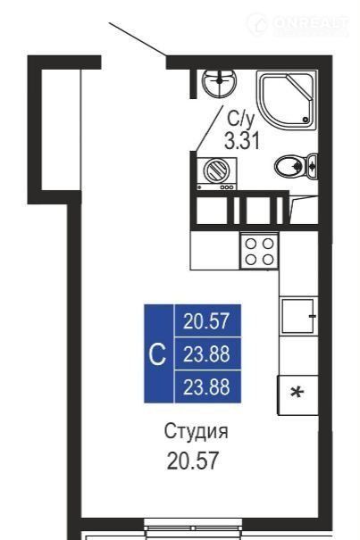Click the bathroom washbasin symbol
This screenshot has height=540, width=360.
click(x=219, y=83)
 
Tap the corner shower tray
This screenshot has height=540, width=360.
click(x=287, y=100)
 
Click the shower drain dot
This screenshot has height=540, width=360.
click(x=306, y=120)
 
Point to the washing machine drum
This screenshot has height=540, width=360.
click(x=216, y=170)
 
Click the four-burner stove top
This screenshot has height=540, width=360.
click(x=259, y=252)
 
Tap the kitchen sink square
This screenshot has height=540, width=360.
click(x=298, y=316)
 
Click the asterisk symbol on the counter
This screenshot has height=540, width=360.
click(x=297, y=393)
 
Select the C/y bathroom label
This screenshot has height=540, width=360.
click(x=240, y=119)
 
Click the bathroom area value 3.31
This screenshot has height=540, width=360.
click(x=242, y=140)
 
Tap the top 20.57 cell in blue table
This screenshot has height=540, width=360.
click(x=208, y=320)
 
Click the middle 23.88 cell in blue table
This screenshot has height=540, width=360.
click(x=208, y=353)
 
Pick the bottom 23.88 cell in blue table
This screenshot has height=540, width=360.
click(x=208, y=386)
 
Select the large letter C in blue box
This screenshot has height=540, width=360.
click(x=157, y=354)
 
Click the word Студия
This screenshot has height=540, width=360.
click(x=196, y=431)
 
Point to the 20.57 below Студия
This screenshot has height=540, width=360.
click(x=193, y=461)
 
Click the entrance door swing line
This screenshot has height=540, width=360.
click(x=138, y=39)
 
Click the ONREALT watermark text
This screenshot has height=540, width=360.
click(x=310, y=23)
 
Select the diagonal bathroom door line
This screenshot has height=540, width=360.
click(x=210, y=128)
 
